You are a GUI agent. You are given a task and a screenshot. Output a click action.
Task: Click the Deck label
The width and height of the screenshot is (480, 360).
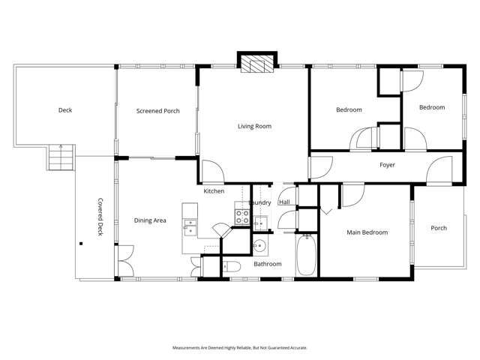[x=65, y=110]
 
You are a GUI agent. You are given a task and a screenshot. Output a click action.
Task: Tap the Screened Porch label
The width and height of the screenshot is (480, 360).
[x=157, y=111]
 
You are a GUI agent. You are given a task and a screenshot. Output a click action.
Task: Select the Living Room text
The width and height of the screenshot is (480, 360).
[x=254, y=126]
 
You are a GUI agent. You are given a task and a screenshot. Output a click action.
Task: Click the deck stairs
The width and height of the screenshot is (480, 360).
[x=60, y=158]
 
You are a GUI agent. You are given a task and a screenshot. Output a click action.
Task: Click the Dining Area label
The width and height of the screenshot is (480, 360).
[x=150, y=220]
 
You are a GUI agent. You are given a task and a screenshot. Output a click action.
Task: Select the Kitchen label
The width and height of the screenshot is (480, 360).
[x=214, y=191]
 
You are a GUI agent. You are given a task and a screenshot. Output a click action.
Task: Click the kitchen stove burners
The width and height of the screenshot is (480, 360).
[x=242, y=217]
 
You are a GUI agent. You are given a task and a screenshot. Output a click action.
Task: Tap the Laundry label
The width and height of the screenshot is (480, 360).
[x=259, y=202]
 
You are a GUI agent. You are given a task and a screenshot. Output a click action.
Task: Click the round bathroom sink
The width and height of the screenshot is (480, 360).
[x=259, y=245]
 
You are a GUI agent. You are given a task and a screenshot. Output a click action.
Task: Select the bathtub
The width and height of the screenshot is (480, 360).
[x=307, y=256]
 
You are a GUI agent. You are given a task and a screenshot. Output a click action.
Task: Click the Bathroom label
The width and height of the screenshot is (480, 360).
[x=268, y=264]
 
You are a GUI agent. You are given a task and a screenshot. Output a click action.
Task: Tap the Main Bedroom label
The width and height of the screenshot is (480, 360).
[x=367, y=232]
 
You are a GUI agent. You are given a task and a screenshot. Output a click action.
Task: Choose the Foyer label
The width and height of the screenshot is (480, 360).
[x=387, y=165]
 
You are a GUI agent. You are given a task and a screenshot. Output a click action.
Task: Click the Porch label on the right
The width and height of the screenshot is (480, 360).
[x=439, y=228]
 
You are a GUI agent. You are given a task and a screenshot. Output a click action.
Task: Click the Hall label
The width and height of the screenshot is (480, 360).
[x=284, y=202]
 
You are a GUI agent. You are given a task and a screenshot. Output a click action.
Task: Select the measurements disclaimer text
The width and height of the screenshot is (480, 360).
[x=240, y=348]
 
